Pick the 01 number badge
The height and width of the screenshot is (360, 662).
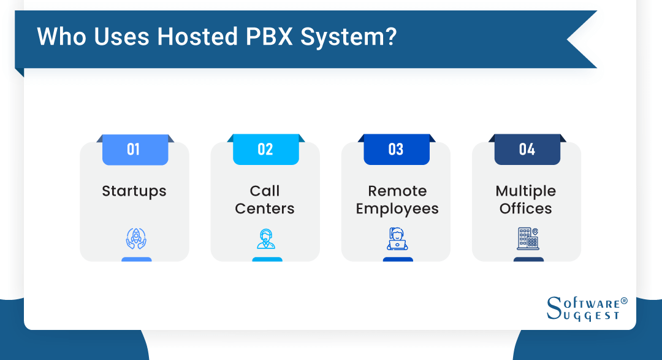click(134, 150)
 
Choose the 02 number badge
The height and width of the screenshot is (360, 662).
click(265, 150)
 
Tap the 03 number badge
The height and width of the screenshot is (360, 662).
click(396, 150)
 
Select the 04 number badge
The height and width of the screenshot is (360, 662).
click(527, 150)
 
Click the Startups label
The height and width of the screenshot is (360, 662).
click(134, 191)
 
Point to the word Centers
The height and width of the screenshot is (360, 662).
click(265, 209)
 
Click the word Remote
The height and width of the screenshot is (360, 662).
click(397, 191)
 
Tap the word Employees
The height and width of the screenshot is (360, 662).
click(397, 209)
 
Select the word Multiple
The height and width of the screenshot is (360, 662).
click(526, 191)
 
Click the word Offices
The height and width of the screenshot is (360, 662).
click(526, 209)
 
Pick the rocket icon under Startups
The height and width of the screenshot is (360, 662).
click(135, 239)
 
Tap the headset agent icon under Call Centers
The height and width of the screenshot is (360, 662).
click(266, 239)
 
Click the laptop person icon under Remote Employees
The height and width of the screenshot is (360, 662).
click(397, 239)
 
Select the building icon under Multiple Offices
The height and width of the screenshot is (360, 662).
click(527, 239)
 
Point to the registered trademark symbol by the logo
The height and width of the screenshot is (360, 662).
click(624, 301)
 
